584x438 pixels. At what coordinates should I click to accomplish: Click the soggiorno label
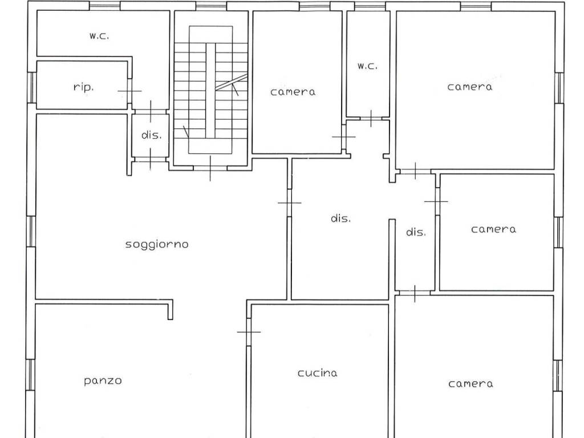[x=157, y=245]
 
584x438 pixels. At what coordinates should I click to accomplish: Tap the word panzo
[x=103, y=380]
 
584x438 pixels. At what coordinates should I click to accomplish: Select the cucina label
[x=318, y=373]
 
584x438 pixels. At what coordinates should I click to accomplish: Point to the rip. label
[x=83, y=87]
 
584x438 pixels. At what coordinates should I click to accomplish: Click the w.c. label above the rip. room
[x=99, y=36]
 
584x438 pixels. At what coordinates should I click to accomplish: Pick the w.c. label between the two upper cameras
[x=367, y=66]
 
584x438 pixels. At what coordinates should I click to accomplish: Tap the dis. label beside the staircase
[x=152, y=135]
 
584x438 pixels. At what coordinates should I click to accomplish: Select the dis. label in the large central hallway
[x=341, y=218]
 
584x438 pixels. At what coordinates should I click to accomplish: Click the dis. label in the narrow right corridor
[x=416, y=232]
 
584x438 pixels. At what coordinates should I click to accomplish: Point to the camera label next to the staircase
[x=293, y=92]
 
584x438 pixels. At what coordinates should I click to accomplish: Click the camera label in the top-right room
[x=470, y=87]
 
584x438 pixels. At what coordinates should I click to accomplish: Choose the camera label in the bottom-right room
[x=471, y=384]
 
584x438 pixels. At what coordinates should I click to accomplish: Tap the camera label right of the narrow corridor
[x=493, y=229]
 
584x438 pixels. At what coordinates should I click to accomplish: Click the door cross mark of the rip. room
[x=129, y=91]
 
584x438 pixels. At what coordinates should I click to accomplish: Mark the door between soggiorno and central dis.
[x=289, y=202]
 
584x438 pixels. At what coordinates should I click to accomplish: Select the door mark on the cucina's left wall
[x=249, y=331]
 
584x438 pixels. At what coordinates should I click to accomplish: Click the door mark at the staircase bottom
[x=210, y=168]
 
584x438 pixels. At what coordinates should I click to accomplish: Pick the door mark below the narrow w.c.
[x=371, y=119]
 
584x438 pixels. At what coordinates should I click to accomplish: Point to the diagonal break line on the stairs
[x=232, y=82]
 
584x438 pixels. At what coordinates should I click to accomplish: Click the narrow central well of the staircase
[x=211, y=91]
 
